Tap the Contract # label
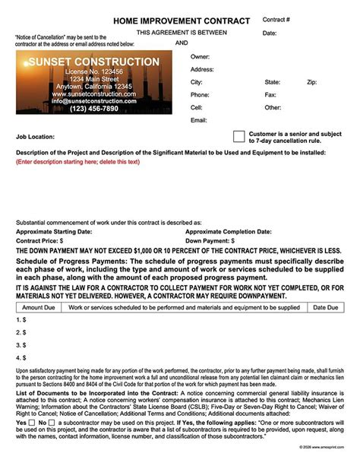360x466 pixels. pyautogui.click(x=276, y=19)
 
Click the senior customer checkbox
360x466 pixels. pyautogui.click(x=239, y=137)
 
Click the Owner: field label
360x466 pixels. pyautogui.click(x=200, y=57)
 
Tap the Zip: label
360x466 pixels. pyautogui.click(x=311, y=82)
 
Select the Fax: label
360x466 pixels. pyautogui.click(x=270, y=95)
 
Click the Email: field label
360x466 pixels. pyautogui.click(x=199, y=120)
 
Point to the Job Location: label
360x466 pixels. pyautogui.click(x=36, y=138)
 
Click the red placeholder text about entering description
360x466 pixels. pyautogui.click(x=77, y=162)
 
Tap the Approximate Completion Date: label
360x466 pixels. pyautogui.click(x=227, y=231)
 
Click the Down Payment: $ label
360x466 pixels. pyautogui.click(x=216, y=240)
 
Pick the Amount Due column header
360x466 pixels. pyautogui.click(x=39, y=307)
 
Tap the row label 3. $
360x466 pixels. pyautogui.click(x=21, y=345)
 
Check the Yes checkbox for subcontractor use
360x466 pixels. pyautogui.click(x=32, y=423)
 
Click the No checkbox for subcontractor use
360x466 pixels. pyautogui.click(x=53, y=423)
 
